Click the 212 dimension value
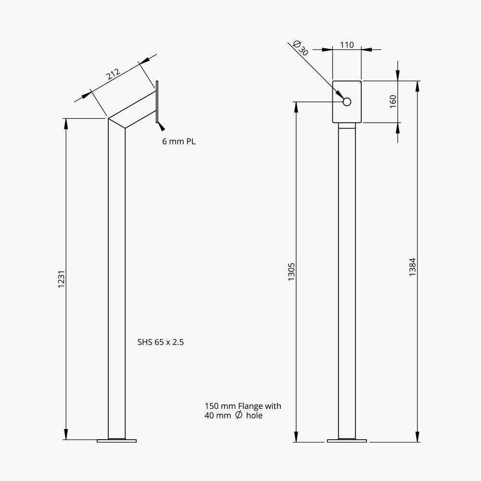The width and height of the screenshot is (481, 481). point(113,74)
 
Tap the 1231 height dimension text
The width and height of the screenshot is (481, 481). point(62,279)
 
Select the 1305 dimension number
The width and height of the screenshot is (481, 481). point(291,272)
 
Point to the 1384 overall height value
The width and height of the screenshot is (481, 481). point(413,267)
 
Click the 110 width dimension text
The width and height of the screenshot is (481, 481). point(347,45)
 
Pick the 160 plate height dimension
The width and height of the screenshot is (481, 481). point(393,101)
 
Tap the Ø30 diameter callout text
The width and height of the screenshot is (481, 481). point(301,48)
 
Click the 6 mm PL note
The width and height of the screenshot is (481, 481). point(178,141)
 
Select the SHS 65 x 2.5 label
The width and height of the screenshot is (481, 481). point(161,342)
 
